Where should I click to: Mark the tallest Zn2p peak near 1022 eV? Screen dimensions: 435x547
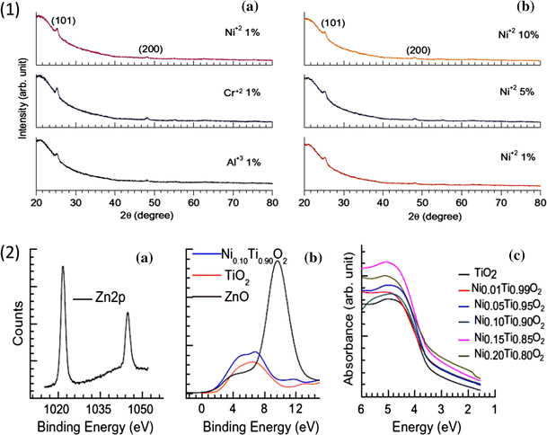click(x=63, y=267)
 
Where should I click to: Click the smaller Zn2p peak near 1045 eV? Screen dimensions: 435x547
click(x=127, y=314)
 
